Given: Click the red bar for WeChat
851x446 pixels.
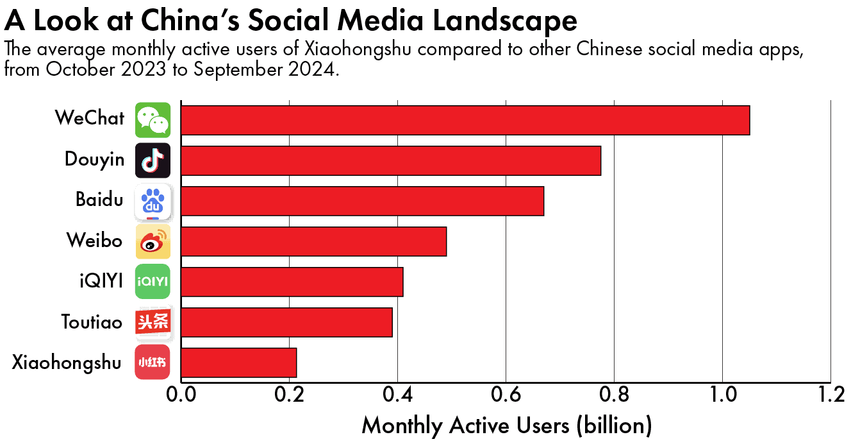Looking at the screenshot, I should tap(465, 120).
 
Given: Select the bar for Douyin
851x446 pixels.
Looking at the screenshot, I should tap(391, 160).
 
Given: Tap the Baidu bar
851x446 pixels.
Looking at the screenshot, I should tap(363, 201).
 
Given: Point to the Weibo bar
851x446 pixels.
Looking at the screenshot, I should tap(314, 241).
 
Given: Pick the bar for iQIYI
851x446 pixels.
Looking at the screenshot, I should tap(292, 282).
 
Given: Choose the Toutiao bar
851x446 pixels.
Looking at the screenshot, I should tap(286, 322).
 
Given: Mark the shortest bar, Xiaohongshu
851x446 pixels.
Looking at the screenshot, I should tap(239, 363).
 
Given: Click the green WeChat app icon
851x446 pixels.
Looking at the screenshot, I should tap(153, 120).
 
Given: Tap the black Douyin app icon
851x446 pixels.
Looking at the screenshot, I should tap(153, 160).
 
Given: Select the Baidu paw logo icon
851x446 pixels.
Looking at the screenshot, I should tap(153, 201).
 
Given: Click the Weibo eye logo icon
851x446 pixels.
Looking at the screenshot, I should tap(153, 241).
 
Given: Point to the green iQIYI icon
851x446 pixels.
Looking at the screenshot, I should tap(153, 282).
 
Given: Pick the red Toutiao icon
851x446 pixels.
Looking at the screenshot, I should tap(153, 322).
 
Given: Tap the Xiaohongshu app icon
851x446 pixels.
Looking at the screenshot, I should tap(153, 363).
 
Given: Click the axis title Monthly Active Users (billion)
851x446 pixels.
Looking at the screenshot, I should tap(506, 425).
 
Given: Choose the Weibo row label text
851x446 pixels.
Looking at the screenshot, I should tap(94, 241).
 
